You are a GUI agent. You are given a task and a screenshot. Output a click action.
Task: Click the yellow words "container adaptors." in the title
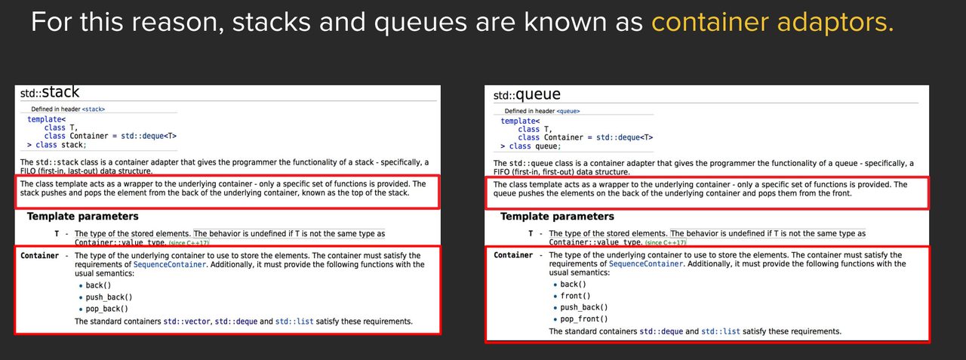(x=772, y=23)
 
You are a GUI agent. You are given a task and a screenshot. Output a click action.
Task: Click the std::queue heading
(x=527, y=95)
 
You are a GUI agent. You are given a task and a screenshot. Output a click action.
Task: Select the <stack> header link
(x=94, y=109)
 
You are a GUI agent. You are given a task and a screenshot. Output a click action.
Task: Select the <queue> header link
(x=568, y=111)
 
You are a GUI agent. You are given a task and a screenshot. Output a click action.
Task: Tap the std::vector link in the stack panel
(x=187, y=322)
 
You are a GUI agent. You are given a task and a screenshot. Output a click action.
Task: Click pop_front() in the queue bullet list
(x=583, y=318)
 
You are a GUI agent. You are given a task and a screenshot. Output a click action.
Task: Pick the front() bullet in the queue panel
(x=576, y=296)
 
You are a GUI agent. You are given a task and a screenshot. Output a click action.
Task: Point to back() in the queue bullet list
(x=574, y=285)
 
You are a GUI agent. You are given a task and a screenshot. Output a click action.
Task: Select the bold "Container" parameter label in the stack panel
(x=40, y=256)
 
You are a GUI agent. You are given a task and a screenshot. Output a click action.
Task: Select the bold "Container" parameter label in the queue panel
(x=513, y=255)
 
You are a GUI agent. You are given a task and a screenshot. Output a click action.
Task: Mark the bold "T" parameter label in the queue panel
(x=531, y=234)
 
